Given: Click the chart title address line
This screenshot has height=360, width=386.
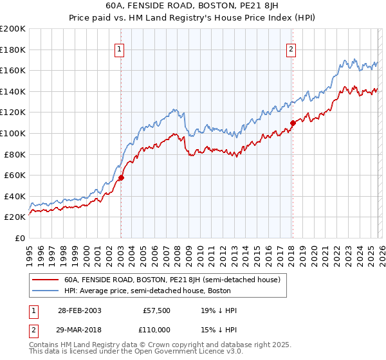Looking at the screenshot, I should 192,5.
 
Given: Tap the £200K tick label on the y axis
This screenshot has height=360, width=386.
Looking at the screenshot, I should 13,29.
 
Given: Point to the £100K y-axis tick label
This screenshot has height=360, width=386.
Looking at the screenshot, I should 13,133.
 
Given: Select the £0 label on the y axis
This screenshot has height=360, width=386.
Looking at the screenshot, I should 19,238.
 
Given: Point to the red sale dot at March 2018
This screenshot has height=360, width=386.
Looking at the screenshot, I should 292,123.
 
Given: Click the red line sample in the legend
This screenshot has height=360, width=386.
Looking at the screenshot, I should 46,280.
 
